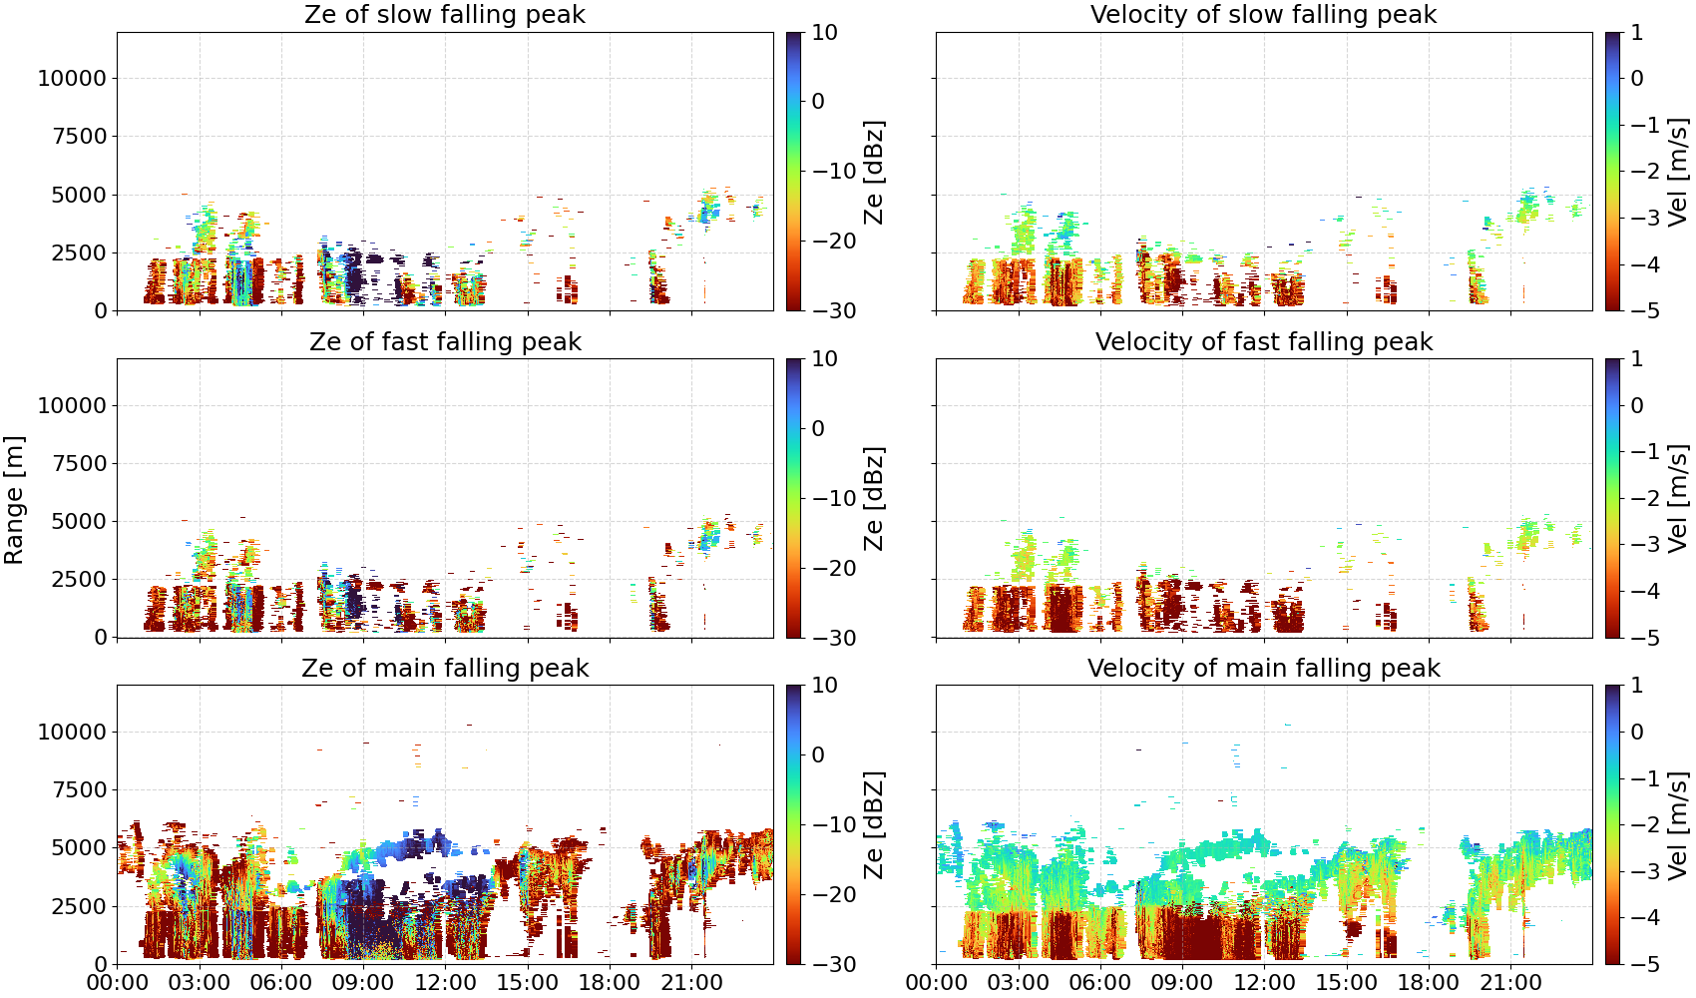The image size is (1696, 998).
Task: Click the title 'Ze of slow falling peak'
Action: [x=444, y=14]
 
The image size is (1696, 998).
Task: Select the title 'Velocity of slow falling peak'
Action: [x=1264, y=14]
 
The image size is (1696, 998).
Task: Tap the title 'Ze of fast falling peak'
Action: [x=445, y=341]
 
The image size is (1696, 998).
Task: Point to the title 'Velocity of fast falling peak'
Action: [x=1264, y=341]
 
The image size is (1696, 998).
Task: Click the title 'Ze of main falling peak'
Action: [x=445, y=668]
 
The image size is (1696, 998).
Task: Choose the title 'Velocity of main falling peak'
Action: [x=1264, y=668]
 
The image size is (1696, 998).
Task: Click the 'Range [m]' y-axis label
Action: [x=14, y=500]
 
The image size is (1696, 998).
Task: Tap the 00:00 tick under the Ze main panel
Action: [x=118, y=983]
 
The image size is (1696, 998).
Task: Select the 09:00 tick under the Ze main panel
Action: [x=363, y=983]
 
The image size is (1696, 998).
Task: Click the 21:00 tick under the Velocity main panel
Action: [x=1510, y=983]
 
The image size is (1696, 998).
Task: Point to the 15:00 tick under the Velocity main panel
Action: [x=1346, y=983]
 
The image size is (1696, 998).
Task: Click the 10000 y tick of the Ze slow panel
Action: [x=72, y=78]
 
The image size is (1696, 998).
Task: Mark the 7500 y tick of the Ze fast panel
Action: [x=80, y=463]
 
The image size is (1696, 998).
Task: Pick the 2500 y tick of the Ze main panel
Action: [x=80, y=905]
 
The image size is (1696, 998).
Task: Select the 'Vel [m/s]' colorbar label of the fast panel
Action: [x=1678, y=499]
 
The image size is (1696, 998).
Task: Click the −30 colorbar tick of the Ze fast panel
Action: [x=834, y=638]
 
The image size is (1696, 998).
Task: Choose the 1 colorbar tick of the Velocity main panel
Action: [x=1636, y=686]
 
